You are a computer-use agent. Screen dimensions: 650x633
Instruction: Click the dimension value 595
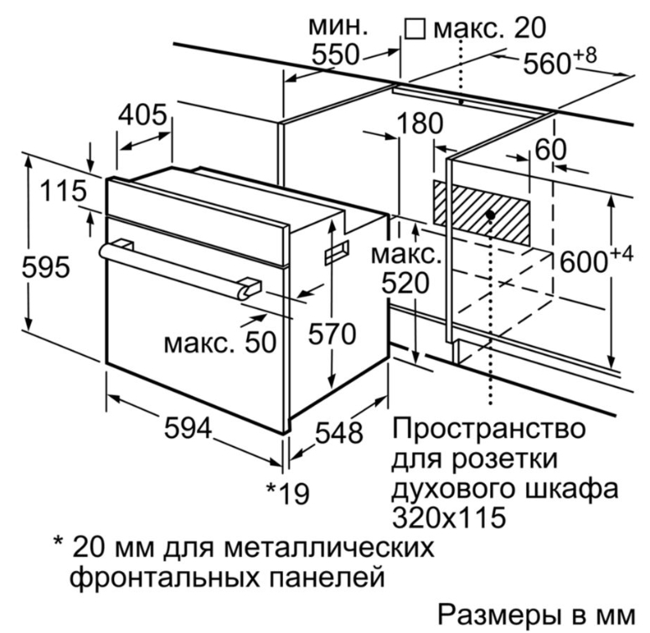45,267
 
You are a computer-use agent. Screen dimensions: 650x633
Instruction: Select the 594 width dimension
188,428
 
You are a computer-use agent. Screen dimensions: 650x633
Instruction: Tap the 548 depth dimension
339,433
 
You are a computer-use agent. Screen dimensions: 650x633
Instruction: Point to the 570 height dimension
332,333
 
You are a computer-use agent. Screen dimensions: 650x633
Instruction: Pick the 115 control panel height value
64,191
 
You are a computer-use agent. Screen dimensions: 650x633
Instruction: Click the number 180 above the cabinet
420,123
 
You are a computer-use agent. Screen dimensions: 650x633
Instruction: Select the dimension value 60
550,149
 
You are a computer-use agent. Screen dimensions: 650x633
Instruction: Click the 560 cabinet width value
560,61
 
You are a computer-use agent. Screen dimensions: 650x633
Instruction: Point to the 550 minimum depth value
334,54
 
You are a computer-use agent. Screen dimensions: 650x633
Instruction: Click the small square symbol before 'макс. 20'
415,28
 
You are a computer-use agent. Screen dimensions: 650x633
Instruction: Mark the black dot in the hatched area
491,215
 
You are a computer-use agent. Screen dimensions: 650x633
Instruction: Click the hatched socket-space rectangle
482,213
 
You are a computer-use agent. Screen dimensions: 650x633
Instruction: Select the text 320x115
449,517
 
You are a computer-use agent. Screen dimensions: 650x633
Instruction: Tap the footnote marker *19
287,493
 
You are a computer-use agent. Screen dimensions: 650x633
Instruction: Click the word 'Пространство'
488,428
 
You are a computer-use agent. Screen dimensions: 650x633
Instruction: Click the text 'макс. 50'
220,343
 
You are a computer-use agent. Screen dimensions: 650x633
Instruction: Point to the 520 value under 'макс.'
405,283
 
